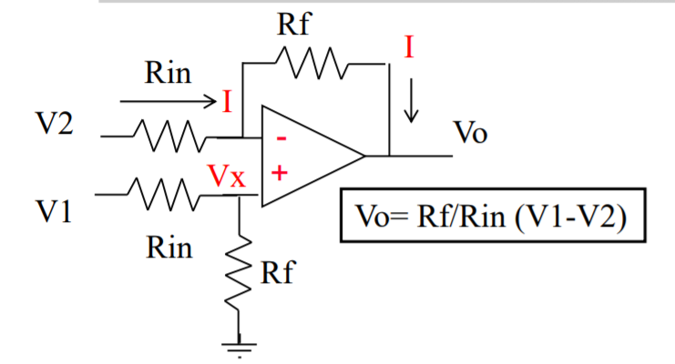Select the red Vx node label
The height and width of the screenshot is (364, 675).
(x=227, y=176)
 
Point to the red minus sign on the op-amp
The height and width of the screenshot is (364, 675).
(x=281, y=139)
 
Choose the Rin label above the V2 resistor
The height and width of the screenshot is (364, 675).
(x=169, y=73)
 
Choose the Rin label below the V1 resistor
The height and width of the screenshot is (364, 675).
(x=169, y=248)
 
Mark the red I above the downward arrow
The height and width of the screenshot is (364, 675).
(x=410, y=48)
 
